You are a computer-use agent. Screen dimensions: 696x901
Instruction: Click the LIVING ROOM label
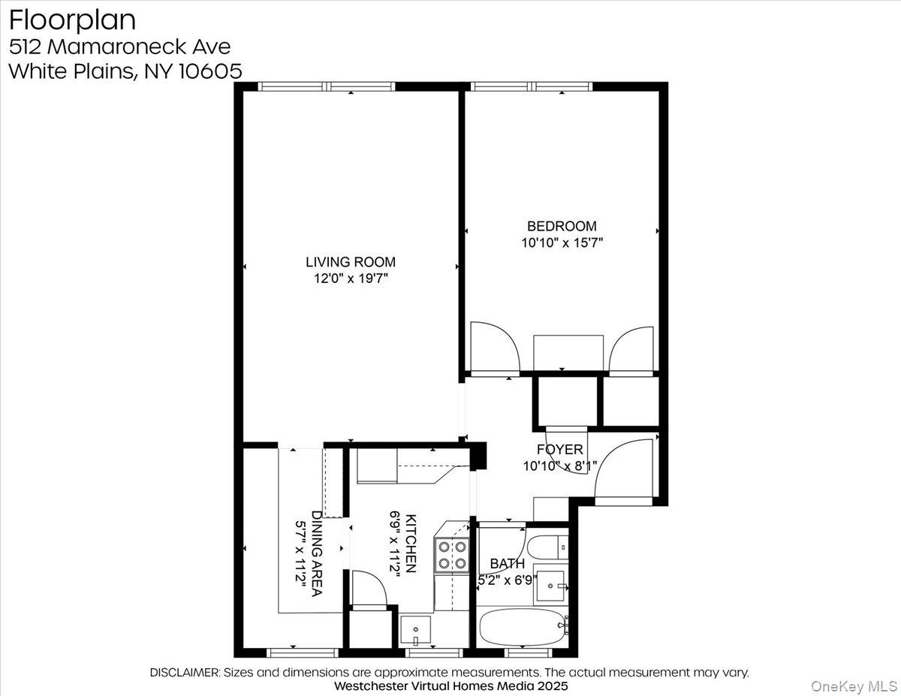pos(350,262)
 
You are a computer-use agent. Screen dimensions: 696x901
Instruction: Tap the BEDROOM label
pos(562,226)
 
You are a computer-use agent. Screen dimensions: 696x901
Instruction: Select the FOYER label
pos(559,450)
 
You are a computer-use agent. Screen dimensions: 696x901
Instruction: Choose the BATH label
pos(507,564)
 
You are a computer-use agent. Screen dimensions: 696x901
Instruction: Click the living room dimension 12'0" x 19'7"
pos(350,279)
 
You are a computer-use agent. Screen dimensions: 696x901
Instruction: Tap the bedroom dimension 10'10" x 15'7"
pos(562,243)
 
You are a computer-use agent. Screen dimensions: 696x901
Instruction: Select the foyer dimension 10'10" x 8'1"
pos(559,466)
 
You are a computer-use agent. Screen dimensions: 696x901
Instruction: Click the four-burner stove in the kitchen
pos(453,555)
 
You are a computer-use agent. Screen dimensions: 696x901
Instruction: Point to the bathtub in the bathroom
pos(523,625)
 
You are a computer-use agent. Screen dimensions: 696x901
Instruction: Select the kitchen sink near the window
pos(415,629)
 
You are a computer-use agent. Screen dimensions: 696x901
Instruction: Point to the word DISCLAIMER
pos(185,673)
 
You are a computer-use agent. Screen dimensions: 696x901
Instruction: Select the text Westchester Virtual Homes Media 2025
pos(450,686)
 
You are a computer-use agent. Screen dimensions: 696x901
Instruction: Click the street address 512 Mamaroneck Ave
pos(119,46)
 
